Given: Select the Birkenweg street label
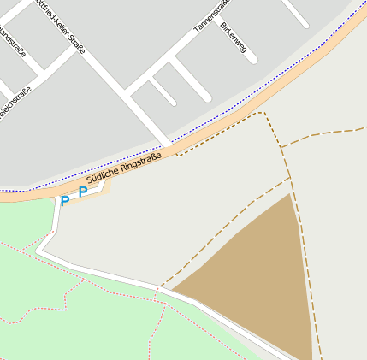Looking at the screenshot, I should (x=233, y=38).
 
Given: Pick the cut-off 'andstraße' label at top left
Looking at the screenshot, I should (x=13, y=44).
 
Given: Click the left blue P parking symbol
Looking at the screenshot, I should (x=64, y=202).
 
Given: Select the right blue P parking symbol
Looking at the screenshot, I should (x=83, y=192).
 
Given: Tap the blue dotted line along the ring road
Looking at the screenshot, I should (x=257, y=94).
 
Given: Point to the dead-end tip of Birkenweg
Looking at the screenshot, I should (x=206, y=97).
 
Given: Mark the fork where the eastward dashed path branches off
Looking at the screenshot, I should (x=282, y=146).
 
